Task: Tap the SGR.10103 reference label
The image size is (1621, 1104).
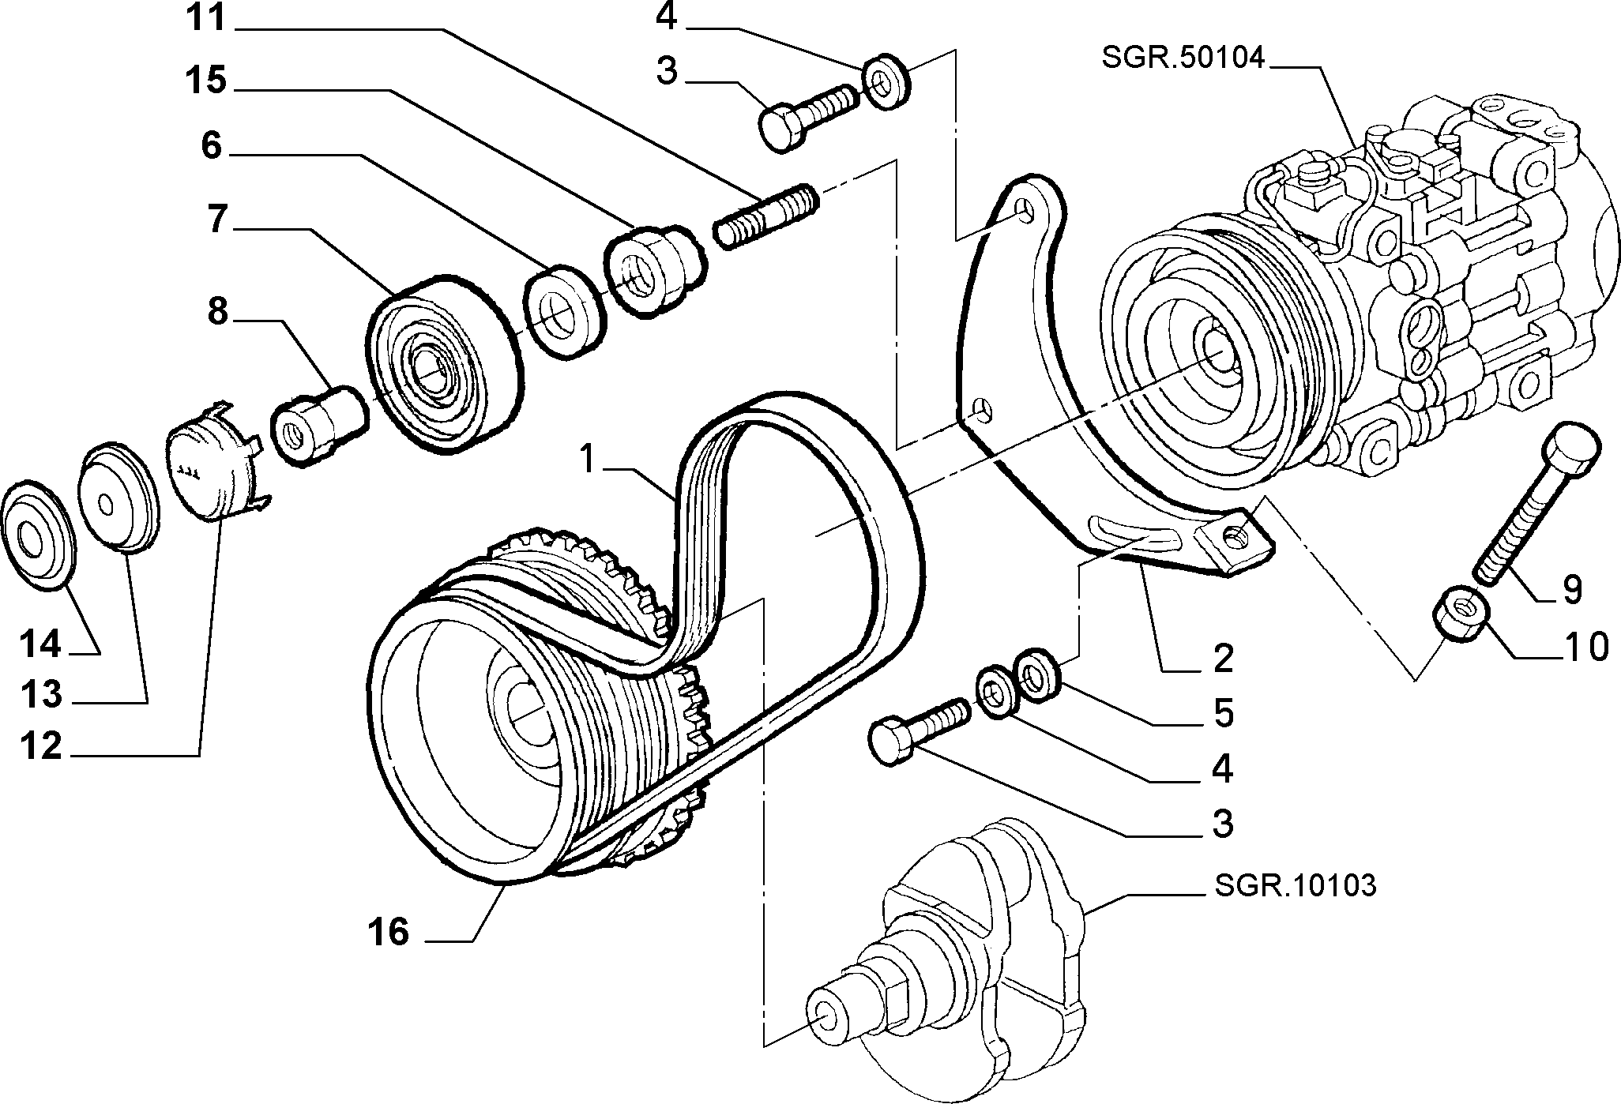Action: (1294, 885)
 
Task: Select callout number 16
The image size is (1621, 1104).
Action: (388, 932)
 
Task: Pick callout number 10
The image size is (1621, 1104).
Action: (1585, 647)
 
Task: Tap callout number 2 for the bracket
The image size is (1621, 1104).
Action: (1222, 658)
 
